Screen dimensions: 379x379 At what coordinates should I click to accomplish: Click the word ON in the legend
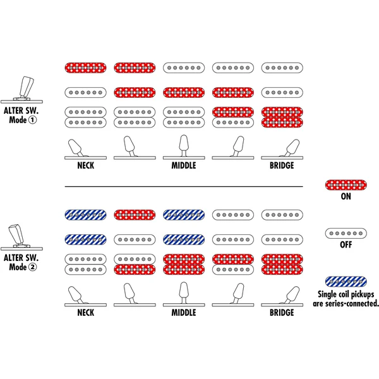[x=346, y=196]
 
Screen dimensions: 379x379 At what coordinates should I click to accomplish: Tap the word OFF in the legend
[x=346, y=244]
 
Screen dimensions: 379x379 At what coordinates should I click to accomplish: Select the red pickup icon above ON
[x=346, y=185]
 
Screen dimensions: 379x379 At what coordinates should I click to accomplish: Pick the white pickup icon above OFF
[x=346, y=233]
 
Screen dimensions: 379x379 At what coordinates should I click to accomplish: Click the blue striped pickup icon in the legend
[x=346, y=282]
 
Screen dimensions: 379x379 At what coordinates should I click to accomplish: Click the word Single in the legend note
[x=325, y=294]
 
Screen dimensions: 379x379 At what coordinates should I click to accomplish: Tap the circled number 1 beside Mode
[x=32, y=120]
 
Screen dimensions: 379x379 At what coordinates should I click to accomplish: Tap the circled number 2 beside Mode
[x=32, y=267]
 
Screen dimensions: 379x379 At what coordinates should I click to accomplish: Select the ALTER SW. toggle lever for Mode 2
[x=17, y=234]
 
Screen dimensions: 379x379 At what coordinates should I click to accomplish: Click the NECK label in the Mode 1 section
[x=85, y=165]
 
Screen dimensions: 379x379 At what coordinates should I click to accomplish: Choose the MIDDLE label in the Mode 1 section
[x=184, y=165]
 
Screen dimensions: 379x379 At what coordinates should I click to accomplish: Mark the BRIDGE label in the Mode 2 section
[x=282, y=313]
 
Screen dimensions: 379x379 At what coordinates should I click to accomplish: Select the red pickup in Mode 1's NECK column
[x=85, y=68]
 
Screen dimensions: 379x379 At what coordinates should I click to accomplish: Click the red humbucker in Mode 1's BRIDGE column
[x=282, y=117]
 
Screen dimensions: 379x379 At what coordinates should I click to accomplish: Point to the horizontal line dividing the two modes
[x=184, y=186]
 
